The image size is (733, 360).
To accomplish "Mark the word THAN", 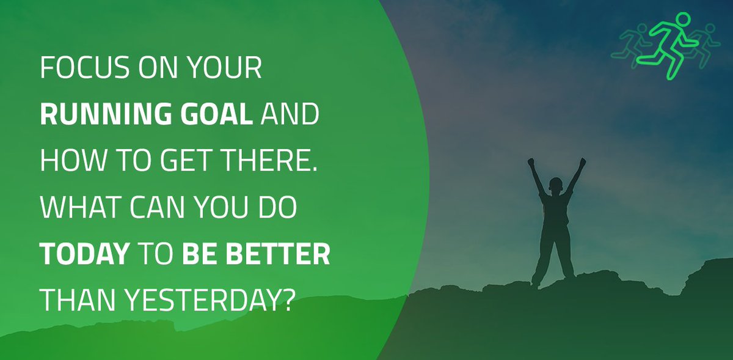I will (77, 301).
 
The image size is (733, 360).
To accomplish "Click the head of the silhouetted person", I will (556, 185).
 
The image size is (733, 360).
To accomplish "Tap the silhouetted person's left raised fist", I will (530, 163).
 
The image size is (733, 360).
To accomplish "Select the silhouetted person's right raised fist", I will (582, 163).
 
